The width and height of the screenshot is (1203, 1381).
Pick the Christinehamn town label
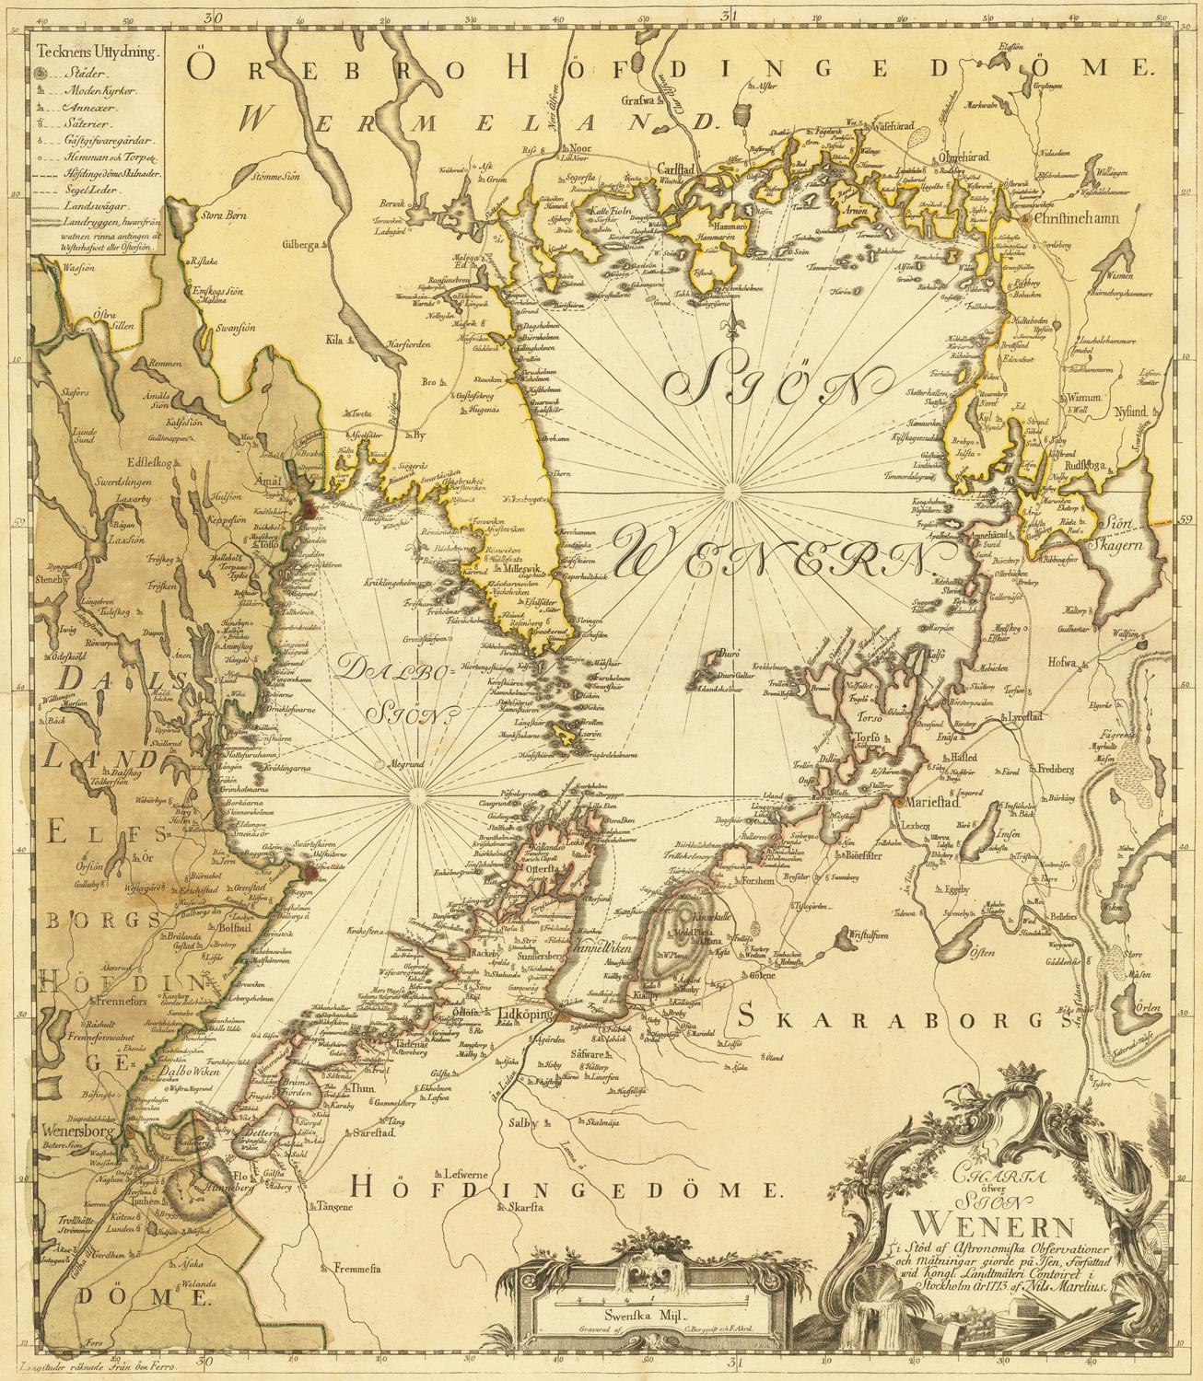(1076, 220)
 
